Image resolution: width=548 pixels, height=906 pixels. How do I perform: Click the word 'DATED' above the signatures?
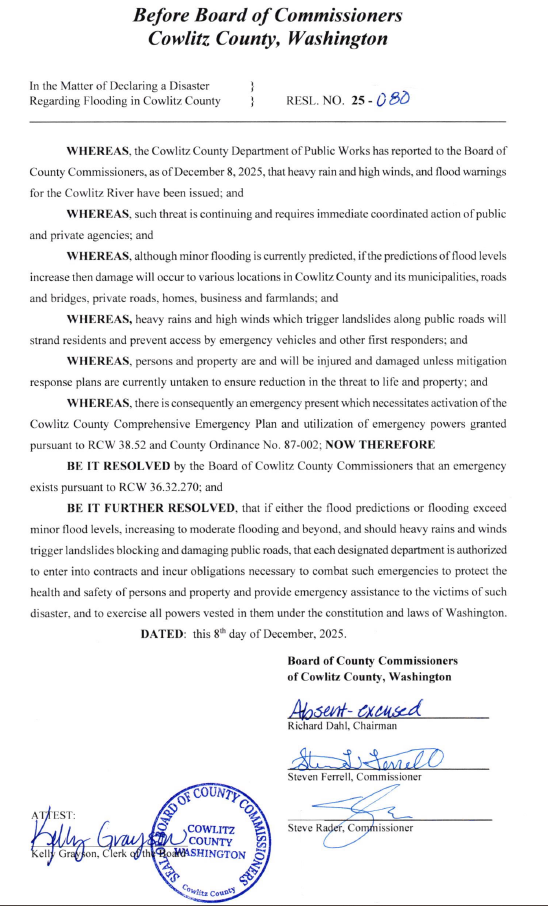[163, 633]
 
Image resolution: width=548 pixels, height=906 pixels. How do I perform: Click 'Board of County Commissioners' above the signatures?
[372, 661]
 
